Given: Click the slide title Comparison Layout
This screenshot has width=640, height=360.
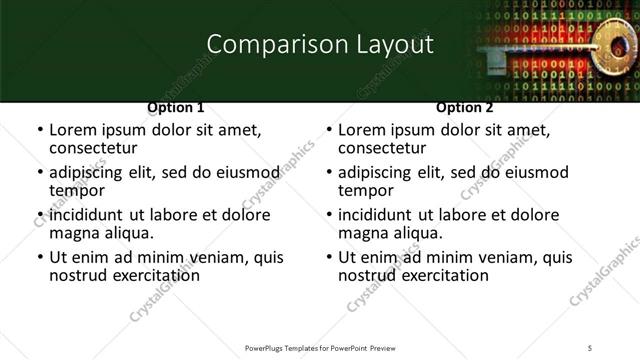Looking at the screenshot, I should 319,44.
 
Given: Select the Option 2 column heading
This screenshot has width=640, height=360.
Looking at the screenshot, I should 464,107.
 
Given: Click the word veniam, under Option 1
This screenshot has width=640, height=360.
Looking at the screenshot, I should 220,257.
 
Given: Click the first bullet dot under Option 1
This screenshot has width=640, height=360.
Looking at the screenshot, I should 39,130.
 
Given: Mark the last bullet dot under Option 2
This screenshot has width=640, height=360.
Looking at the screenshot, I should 328,257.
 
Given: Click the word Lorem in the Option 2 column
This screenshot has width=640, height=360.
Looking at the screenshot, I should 362,130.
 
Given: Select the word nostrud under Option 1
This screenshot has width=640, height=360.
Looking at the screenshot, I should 78,275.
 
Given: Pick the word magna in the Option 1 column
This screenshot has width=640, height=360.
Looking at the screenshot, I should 76,233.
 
